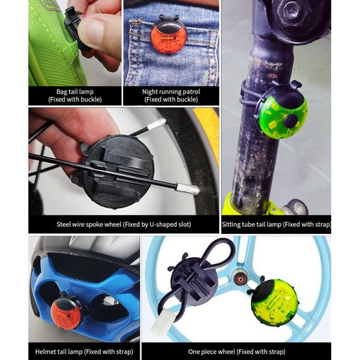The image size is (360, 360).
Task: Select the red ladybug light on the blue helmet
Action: tap(67, 311)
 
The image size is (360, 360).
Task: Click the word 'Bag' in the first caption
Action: tap(61, 92)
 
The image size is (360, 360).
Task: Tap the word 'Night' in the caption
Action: tap(150, 92)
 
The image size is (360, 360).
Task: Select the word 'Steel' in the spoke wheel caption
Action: tap(63, 224)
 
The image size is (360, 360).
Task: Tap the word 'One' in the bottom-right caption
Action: tap(194, 352)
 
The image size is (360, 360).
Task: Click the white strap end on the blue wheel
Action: tap(161, 320)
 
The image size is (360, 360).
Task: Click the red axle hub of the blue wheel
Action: tap(241, 279)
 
